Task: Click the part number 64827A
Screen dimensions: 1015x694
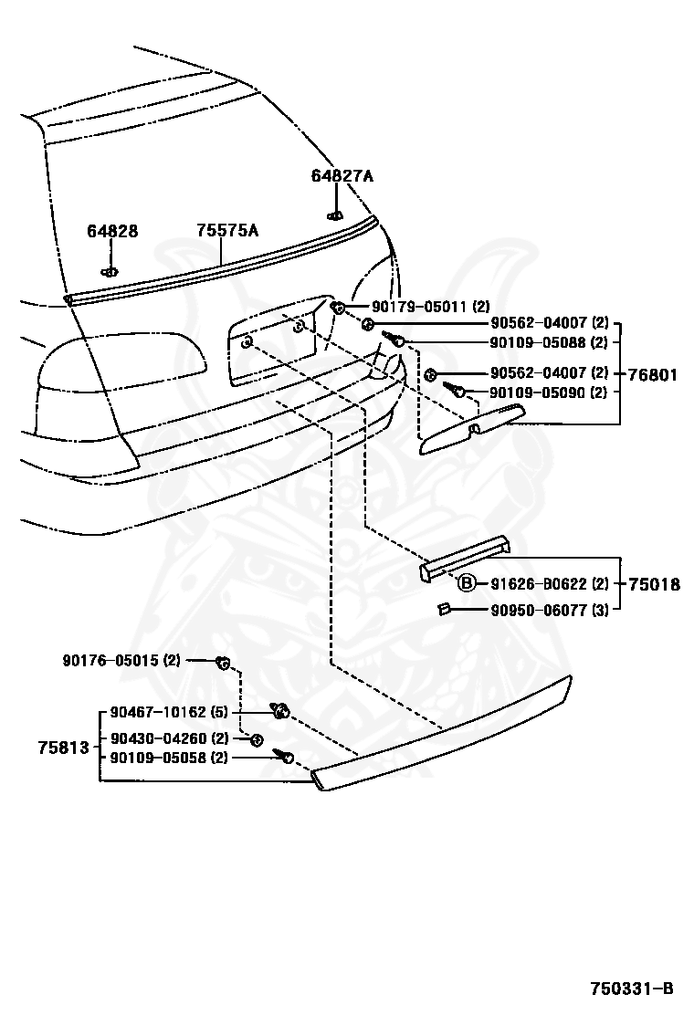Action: click(x=342, y=176)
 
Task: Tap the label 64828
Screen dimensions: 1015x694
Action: click(x=112, y=231)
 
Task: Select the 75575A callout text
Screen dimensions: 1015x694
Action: click(x=227, y=231)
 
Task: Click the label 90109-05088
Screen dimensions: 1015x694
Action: click(x=536, y=342)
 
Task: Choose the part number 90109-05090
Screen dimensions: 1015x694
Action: click(x=536, y=392)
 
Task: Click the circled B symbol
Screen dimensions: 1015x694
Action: click(x=466, y=584)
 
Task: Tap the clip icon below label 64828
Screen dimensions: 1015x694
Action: click(x=110, y=270)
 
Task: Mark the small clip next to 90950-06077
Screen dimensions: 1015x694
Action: click(x=441, y=609)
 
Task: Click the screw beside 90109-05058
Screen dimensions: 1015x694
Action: click(x=285, y=757)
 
